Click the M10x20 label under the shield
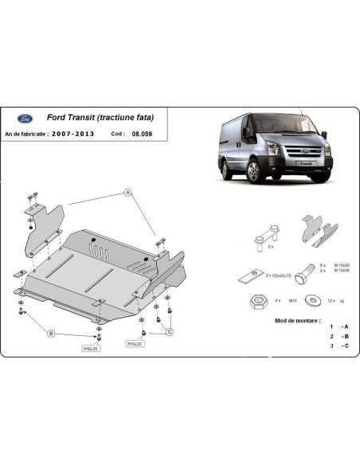pos(135,345)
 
